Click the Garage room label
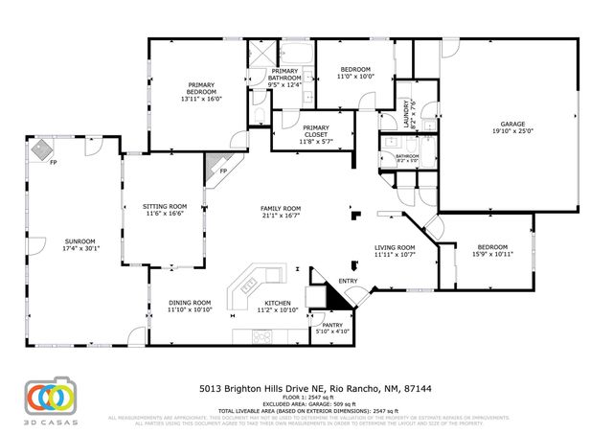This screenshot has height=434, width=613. click(513, 124)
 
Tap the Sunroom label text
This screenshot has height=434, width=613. click(80, 240)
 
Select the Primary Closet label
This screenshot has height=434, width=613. click(315, 128)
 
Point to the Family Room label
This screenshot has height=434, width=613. click(282, 208)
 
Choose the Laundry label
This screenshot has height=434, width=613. click(406, 112)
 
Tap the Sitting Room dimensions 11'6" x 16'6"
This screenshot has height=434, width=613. click(165, 214)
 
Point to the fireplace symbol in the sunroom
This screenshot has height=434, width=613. click(40, 149)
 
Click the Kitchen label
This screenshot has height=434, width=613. click(278, 303)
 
